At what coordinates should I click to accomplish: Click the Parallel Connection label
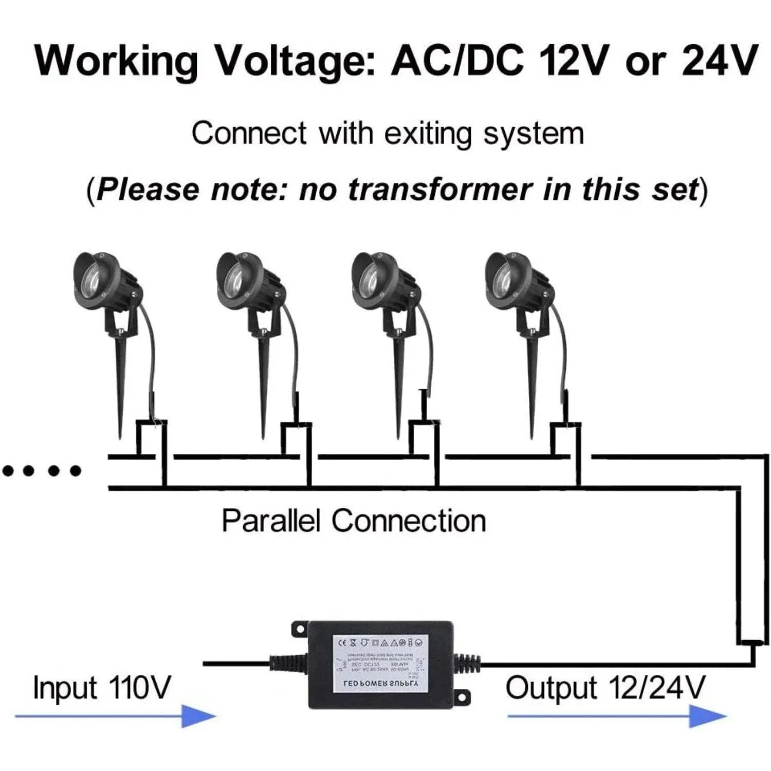(354, 521)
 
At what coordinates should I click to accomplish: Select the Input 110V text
(101, 688)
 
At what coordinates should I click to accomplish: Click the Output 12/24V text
(605, 688)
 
